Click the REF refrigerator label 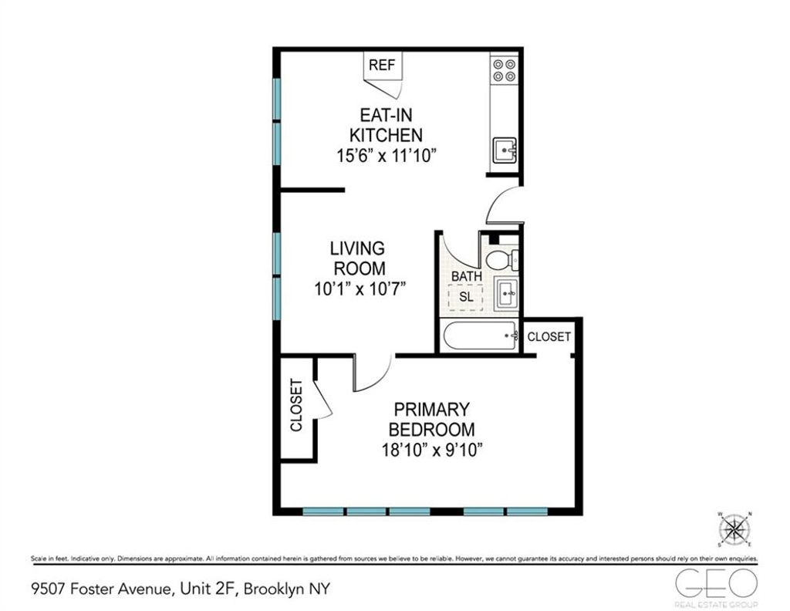click(382, 65)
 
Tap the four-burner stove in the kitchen click(505, 70)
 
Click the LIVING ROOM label click(357, 258)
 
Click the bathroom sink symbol click(505, 294)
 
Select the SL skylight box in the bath click(465, 296)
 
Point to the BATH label click(467, 276)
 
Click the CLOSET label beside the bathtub click(549, 337)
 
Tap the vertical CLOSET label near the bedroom click(296, 407)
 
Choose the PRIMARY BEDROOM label click(431, 419)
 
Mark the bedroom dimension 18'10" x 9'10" click(431, 450)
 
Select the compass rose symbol click(734, 529)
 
